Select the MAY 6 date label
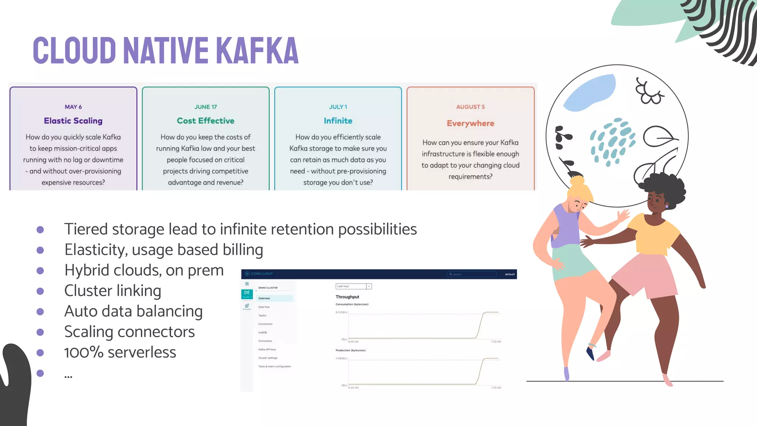point(73,107)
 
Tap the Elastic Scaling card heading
point(73,121)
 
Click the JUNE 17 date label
point(206,107)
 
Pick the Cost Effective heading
point(206,121)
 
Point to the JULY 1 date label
point(338,107)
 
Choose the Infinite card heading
point(338,121)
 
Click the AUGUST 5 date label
point(470,107)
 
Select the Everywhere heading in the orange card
point(470,124)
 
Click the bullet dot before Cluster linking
point(40,291)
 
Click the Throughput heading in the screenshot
point(347,297)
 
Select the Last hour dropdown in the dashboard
point(353,286)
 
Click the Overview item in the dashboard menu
point(264,298)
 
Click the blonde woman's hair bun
point(577,181)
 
